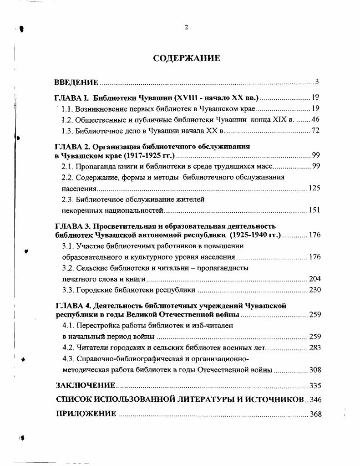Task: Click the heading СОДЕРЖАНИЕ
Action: (186, 58)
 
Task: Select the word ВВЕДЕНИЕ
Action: (76, 82)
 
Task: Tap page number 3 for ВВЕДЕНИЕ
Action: (317, 82)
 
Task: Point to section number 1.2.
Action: (67, 120)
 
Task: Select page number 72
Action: (316, 131)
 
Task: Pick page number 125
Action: (314, 188)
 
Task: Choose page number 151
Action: (314, 210)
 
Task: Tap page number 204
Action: (314, 279)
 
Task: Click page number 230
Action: (314, 290)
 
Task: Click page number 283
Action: (314, 348)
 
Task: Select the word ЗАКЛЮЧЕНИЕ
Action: (85, 385)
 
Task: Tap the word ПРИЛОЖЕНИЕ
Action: (86, 414)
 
